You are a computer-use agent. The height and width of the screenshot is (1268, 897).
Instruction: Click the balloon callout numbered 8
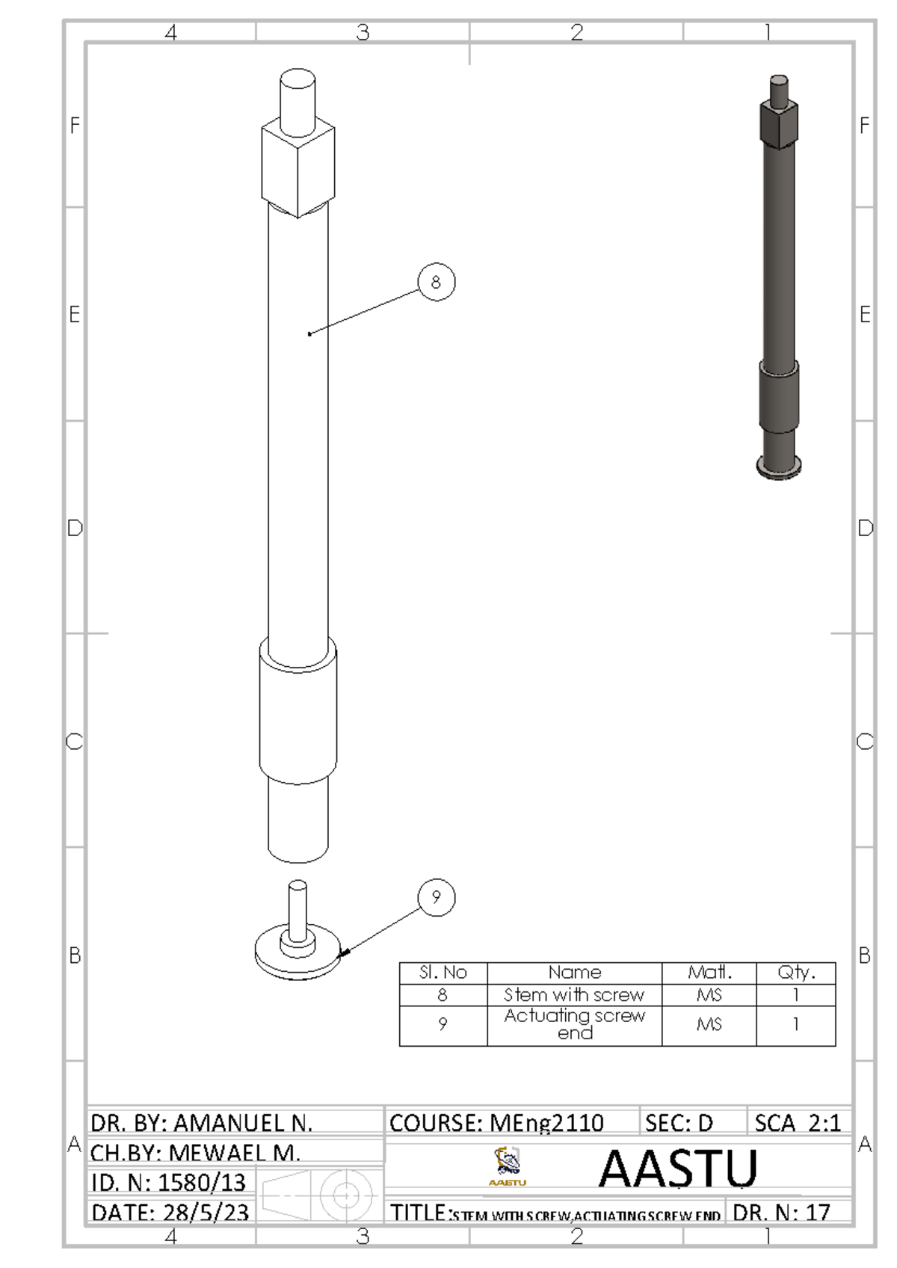[436, 282]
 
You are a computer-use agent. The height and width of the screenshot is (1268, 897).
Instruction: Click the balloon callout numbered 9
[436, 897]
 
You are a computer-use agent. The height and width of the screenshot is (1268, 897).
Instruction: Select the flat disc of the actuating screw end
[298, 955]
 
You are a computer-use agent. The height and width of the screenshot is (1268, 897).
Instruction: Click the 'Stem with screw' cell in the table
[574, 995]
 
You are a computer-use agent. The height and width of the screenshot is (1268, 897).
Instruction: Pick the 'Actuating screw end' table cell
[574, 1024]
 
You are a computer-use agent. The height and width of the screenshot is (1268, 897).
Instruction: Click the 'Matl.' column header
[709, 973]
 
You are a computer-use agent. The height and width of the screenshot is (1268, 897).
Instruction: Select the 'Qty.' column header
[795, 973]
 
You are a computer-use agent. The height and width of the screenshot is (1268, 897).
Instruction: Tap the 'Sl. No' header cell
[443, 973]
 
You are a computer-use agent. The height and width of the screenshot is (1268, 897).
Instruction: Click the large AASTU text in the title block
[678, 1169]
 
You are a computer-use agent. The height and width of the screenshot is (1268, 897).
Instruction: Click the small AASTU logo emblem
[508, 1165]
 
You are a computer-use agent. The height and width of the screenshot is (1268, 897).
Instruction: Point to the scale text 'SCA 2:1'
[798, 1123]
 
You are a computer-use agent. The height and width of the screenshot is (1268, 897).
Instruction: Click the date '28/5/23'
[203, 1213]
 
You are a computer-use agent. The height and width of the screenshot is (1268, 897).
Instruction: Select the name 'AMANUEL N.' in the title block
[243, 1123]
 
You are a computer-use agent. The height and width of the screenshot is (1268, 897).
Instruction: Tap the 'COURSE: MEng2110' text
[496, 1123]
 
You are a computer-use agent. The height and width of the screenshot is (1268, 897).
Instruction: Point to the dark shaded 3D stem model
[779, 277]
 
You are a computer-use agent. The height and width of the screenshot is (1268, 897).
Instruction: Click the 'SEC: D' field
[679, 1123]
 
